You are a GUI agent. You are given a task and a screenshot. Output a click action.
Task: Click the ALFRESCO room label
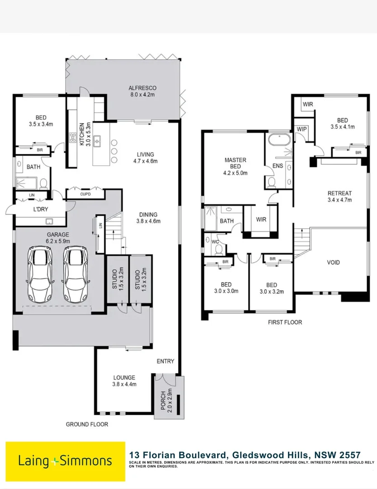point(142,88)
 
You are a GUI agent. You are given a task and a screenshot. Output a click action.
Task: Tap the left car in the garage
point(40,274)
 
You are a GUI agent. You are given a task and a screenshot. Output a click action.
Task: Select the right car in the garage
point(75,274)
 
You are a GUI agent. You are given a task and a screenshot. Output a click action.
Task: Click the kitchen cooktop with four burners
point(72,138)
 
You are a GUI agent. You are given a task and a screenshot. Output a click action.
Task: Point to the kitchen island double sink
point(98,141)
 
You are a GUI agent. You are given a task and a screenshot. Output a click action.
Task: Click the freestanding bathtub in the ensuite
point(279,140)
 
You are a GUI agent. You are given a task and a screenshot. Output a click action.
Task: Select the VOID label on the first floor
point(333,263)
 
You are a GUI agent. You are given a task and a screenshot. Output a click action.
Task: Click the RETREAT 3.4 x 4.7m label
point(339,197)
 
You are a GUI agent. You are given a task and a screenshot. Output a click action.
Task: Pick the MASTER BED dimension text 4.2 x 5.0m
point(236,173)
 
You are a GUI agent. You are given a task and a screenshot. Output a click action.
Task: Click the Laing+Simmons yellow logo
point(66,461)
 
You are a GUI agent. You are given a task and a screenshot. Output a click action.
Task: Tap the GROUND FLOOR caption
point(87,424)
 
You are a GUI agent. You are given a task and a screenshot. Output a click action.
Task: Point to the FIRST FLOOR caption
point(285,322)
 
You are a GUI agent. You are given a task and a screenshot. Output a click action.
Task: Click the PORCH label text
point(164,401)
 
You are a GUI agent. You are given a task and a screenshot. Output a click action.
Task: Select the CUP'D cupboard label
point(85,194)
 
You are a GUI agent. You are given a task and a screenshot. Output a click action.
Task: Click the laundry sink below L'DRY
point(49,221)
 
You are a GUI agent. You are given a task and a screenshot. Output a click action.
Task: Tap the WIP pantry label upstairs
point(302,129)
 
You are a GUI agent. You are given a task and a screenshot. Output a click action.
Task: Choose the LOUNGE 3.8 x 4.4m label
point(124,381)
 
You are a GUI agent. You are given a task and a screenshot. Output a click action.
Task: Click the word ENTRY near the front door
point(165,361)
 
